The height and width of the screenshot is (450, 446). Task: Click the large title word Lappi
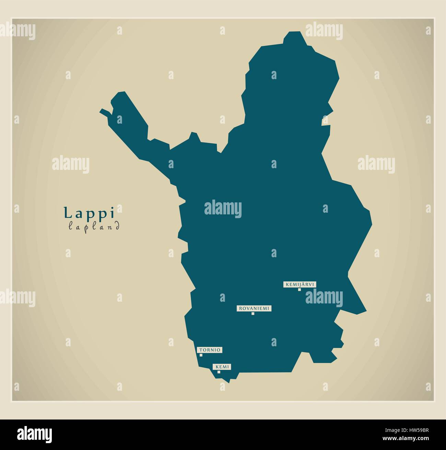[x=89, y=213]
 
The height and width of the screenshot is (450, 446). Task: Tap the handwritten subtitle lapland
[x=94, y=226]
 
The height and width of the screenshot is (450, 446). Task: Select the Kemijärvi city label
[x=300, y=284]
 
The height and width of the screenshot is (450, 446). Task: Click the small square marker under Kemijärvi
[x=300, y=290]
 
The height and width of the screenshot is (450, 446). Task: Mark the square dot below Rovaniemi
[x=253, y=314]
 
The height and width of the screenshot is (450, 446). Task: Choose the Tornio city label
[x=210, y=350]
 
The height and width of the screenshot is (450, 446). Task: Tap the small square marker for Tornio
[x=201, y=355]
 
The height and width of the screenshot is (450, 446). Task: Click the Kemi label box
[x=222, y=367]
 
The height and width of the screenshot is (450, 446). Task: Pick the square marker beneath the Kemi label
[x=219, y=372]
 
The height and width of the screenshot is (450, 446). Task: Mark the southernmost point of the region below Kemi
[x=229, y=382]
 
